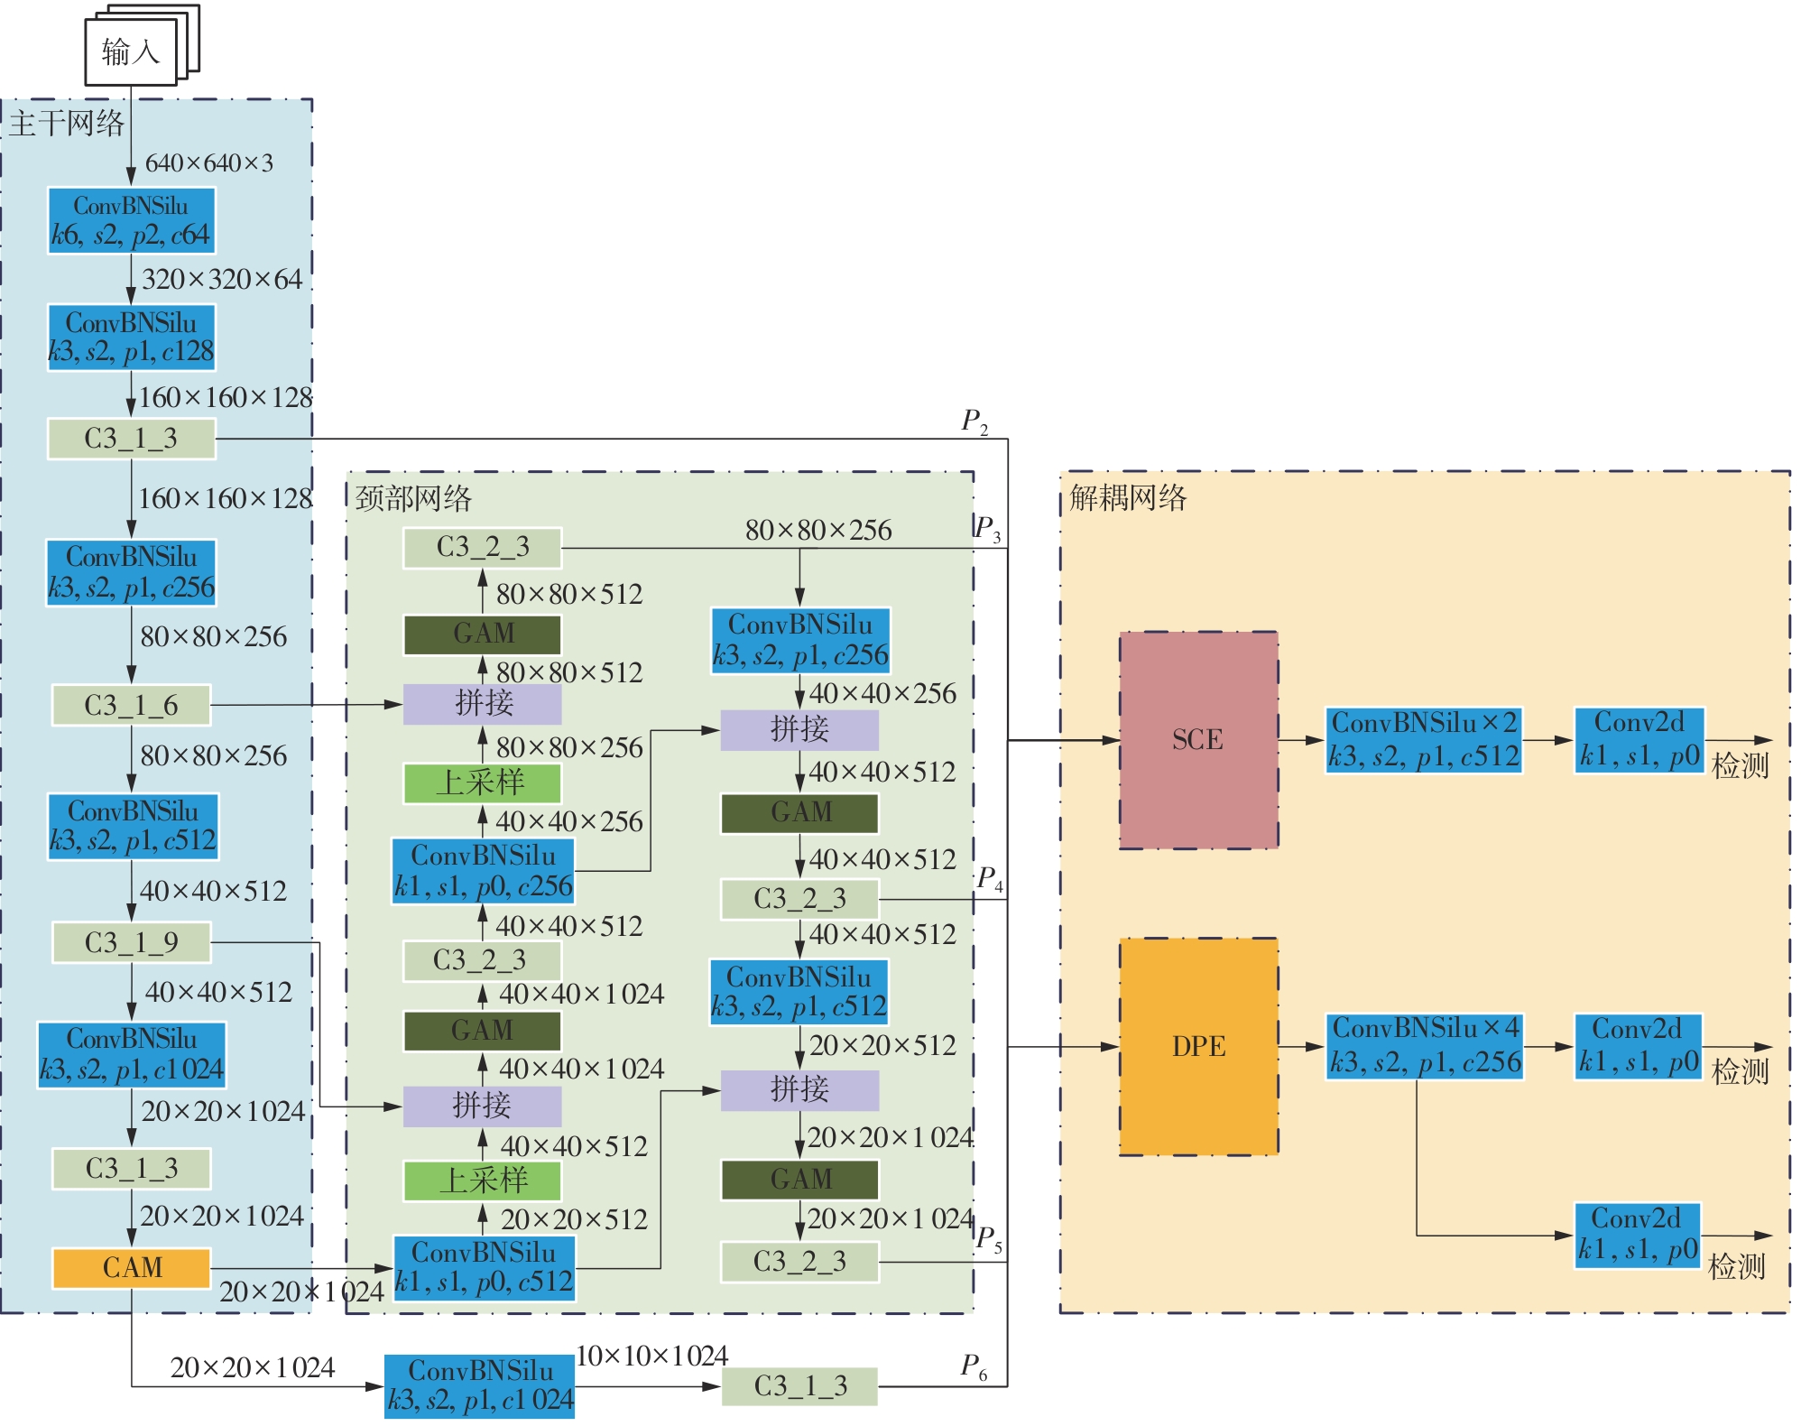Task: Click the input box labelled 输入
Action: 131,52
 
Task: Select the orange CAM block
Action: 132,1267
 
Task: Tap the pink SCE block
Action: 1198,739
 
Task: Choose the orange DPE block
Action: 1198,1046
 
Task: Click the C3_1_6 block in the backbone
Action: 132,705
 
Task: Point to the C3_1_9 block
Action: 132,942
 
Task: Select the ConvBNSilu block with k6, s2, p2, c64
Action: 132,221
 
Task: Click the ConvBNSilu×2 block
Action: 1424,739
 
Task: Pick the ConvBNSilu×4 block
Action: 1424,1046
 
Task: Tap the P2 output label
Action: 974,421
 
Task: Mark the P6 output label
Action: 973,1366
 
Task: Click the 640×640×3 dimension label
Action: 209,163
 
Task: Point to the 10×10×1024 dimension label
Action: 651,1356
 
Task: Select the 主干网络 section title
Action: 67,124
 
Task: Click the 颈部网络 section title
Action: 413,498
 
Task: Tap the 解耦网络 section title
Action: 1128,498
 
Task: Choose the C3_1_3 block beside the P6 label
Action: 799,1385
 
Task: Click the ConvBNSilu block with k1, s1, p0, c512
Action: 485,1267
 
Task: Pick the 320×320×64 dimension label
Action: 222,280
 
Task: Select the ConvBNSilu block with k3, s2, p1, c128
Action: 132,338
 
